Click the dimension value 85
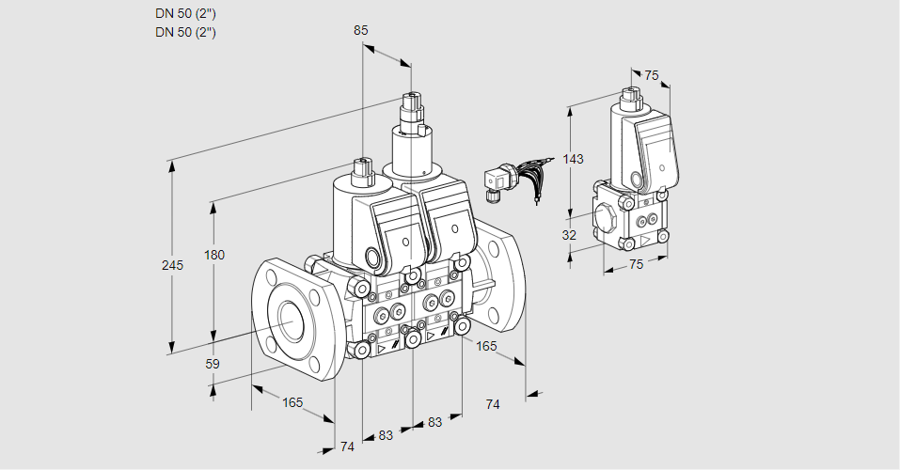pos(361,30)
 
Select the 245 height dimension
pos(172,265)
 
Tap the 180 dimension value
pos(215,256)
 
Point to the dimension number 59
pos(213,364)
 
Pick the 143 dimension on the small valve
pos(574,159)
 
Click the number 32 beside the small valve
pos(569,235)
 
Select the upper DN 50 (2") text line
pos(186,14)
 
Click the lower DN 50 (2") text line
pos(186,32)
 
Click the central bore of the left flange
pos(288,321)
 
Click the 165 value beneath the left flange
pos(292,402)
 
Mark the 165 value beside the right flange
pos(486,346)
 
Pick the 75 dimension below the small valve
pos(636,264)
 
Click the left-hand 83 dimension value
pos(386,435)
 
